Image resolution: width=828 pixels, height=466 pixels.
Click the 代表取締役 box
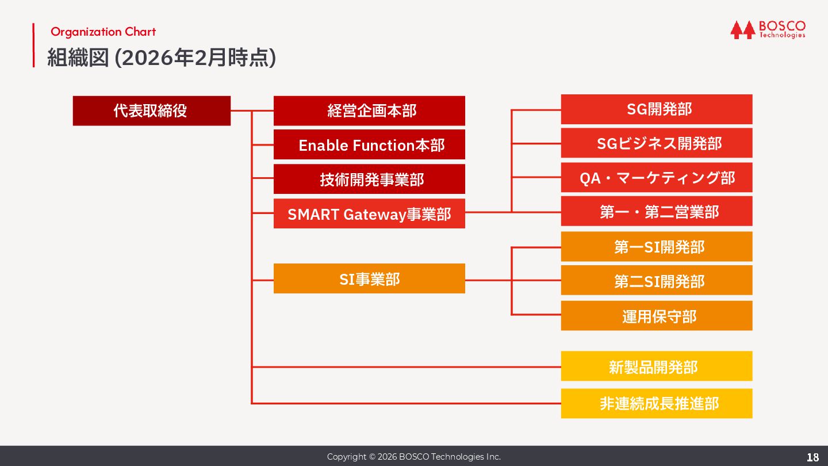tap(151, 110)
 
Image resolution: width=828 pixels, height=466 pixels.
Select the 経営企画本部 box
tap(369, 110)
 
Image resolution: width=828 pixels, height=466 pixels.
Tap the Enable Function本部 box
tap(369, 144)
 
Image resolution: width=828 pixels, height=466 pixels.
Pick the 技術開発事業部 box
tap(369, 179)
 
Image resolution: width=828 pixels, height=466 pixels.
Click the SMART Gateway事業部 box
tap(369, 213)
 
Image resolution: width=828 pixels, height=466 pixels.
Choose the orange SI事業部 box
tap(369, 278)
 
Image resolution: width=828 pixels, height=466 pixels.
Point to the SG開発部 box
tap(657, 109)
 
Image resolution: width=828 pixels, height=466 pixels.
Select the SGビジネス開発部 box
tap(657, 143)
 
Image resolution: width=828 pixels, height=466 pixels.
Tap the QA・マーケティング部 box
tap(657, 177)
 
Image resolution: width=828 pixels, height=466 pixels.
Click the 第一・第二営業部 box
tap(657, 211)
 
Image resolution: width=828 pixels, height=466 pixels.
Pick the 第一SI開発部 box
tap(657, 246)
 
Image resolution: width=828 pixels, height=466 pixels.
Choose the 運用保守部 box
tap(657, 315)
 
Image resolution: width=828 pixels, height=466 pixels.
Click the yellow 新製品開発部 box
tap(657, 366)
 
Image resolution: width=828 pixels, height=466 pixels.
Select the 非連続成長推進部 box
tap(657, 403)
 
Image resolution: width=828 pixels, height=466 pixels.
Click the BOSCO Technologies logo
tap(768, 29)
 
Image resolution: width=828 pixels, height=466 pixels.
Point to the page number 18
tap(812, 457)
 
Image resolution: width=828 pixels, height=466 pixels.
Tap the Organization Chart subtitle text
tap(103, 32)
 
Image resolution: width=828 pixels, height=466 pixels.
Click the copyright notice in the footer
tap(414, 457)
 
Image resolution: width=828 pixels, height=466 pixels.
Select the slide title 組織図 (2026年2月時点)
tap(162, 58)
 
